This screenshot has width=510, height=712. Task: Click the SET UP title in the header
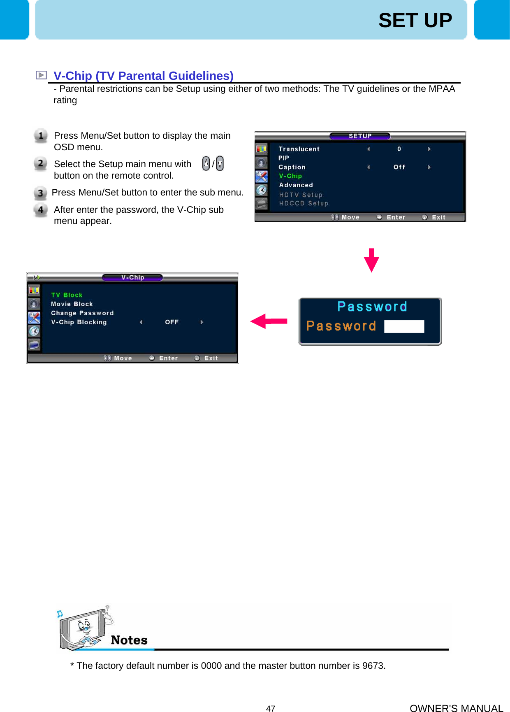point(415,20)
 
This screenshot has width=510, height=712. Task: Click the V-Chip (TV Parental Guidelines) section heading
point(143,76)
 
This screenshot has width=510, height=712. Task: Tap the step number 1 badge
point(40,135)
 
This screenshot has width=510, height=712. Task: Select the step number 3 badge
point(40,193)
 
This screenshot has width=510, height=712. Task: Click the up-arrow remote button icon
point(206,163)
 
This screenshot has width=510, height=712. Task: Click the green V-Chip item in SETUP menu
point(290,176)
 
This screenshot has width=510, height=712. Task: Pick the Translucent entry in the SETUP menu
point(299,149)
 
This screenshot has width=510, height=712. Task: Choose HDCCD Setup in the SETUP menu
point(304,203)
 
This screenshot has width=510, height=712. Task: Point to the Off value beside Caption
point(399,167)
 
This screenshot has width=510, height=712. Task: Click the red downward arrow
point(371,260)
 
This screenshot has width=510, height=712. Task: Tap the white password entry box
point(404,326)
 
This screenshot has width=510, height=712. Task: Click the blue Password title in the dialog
point(372,307)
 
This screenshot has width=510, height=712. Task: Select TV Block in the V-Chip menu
point(67,295)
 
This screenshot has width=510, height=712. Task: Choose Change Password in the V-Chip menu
point(82,313)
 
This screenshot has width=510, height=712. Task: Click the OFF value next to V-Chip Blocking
point(172,322)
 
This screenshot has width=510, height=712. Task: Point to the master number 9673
point(373,665)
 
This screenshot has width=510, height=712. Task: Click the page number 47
point(270,708)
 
